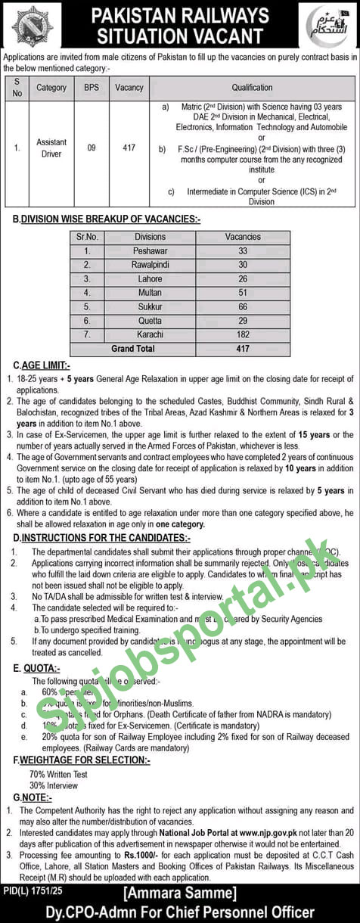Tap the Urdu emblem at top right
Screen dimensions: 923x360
(x=327, y=26)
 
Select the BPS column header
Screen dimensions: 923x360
(x=91, y=88)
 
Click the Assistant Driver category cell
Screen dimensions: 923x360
(x=51, y=148)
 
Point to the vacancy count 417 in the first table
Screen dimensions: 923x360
(x=129, y=148)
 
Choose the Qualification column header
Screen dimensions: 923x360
(x=252, y=88)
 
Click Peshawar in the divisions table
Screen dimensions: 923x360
(x=150, y=250)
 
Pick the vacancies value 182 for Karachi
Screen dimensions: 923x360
(x=243, y=334)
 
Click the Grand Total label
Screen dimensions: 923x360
(x=133, y=349)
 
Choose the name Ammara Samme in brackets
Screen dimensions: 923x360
(x=179, y=893)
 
